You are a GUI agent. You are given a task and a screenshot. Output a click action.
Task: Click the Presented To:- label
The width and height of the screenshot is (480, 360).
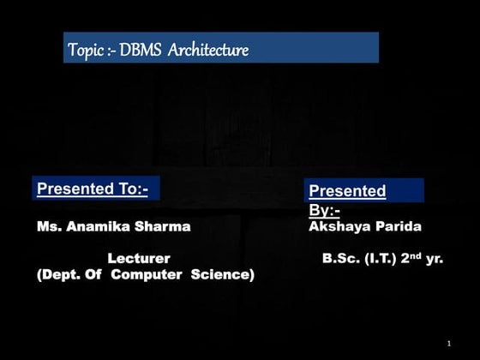click(x=93, y=189)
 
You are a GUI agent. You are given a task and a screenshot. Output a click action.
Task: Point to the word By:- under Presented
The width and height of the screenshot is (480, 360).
click(x=324, y=209)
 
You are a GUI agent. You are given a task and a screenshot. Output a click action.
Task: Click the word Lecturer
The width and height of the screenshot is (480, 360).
click(x=138, y=258)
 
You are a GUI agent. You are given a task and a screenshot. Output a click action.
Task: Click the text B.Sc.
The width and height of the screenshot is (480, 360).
click(x=340, y=258)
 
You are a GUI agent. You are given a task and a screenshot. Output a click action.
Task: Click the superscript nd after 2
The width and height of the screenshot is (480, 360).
click(x=417, y=254)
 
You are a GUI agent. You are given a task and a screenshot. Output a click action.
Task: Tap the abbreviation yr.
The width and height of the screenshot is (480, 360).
click(x=435, y=258)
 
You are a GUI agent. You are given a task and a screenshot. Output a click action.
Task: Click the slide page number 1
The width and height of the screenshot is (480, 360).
click(x=448, y=344)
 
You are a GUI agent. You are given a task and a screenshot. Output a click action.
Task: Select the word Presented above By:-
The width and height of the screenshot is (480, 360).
click(x=346, y=191)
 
